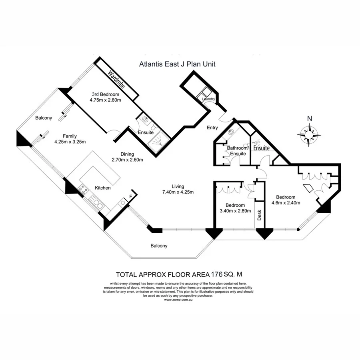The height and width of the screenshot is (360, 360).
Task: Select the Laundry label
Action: [x=209, y=99]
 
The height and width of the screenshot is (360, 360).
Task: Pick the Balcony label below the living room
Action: [x=159, y=246]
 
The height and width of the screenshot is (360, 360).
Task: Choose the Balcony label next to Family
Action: [x=44, y=118]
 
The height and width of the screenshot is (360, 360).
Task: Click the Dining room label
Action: [x=127, y=154]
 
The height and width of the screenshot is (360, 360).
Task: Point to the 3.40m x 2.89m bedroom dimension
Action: [x=235, y=211]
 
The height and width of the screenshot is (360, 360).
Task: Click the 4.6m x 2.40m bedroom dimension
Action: [x=286, y=202]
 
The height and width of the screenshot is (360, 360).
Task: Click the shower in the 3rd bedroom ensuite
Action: [x=158, y=140]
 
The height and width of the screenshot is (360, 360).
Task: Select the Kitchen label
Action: [x=103, y=188]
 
